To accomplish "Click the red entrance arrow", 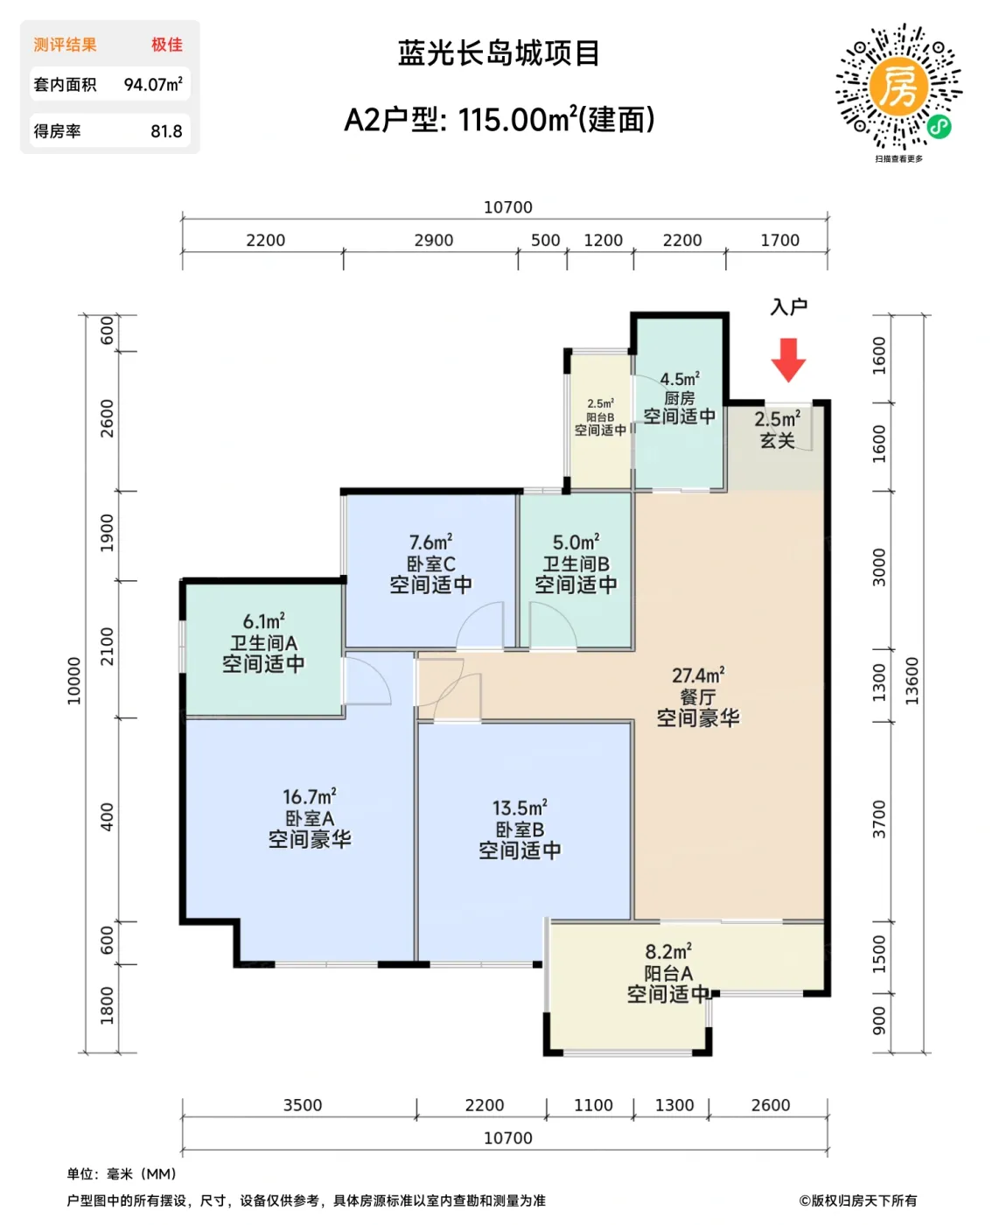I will [788, 359].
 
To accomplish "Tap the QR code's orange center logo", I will [898, 87].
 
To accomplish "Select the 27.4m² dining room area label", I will [697, 675].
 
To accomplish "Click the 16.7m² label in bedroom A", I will [309, 797].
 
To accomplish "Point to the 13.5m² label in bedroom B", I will [520, 808].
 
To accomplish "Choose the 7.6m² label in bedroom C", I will [430, 542].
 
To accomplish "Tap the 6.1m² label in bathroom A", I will [263, 621].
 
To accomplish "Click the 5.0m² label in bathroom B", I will [576, 542].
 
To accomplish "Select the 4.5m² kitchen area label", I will [679, 379].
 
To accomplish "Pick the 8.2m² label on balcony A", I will [668, 951].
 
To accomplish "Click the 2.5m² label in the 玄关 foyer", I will [777, 419].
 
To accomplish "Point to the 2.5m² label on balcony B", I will [600, 403].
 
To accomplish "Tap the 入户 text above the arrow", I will [788, 307].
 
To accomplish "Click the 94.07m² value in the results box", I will [153, 85].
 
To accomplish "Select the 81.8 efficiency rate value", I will [166, 131].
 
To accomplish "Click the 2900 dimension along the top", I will [434, 240].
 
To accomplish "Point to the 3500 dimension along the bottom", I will [303, 1105].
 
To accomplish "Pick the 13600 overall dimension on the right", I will [912, 681].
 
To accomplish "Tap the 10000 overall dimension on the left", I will [74, 681].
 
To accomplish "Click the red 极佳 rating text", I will [166, 45].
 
